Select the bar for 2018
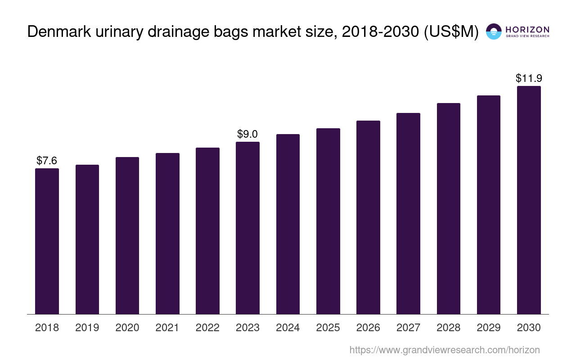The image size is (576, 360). (x=47, y=241)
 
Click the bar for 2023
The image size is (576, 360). (x=247, y=228)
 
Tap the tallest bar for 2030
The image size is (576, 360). (x=529, y=200)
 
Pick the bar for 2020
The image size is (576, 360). (x=127, y=235)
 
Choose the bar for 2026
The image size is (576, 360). (x=368, y=217)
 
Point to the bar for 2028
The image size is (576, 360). (x=448, y=208)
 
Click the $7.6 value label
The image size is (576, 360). (x=47, y=161)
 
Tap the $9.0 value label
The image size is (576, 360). (x=247, y=134)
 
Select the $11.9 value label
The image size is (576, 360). (x=529, y=78)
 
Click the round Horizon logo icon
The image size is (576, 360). (x=494, y=31)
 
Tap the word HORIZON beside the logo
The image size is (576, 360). (x=527, y=29)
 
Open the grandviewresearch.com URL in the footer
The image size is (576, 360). (x=444, y=350)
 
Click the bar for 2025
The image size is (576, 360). (x=328, y=221)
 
